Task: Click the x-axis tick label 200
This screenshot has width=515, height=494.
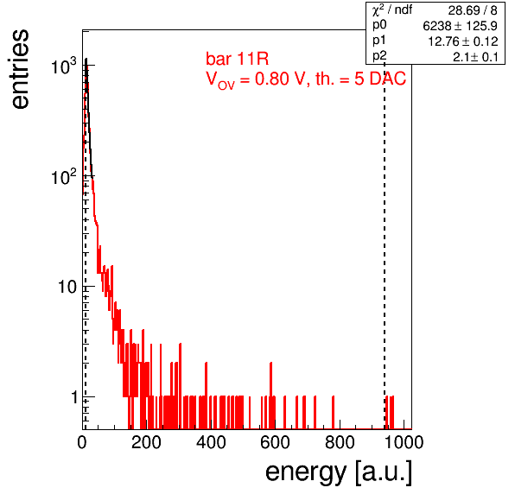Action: click(147, 442)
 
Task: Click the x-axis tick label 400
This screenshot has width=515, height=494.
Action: click(211, 442)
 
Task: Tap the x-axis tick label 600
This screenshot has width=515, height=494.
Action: click(276, 442)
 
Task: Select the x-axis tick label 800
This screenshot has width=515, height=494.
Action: click(340, 442)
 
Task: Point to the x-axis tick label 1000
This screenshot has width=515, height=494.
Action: click(404, 442)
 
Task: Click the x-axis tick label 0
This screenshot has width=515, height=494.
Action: click(82, 442)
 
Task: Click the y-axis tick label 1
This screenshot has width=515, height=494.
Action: click(75, 397)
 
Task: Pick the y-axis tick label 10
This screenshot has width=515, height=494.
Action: click(67, 287)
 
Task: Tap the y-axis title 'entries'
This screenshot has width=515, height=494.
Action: click(21, 69)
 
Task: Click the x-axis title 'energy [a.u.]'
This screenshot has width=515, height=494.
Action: click(339, 473)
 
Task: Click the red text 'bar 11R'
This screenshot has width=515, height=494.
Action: click(237, 59)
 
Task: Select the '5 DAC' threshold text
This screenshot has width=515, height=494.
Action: click(380, 79)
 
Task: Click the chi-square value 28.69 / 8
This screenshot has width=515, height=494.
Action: click(473, 10)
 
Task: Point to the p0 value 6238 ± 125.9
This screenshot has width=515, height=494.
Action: click(461, 26)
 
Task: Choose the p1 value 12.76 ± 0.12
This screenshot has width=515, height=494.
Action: click(463, 41)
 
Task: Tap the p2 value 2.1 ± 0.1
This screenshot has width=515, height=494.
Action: click(475, 57)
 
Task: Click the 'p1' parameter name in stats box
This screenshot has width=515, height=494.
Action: click(378, 41)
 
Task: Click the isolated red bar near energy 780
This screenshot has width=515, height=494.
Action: click(333, 413)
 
